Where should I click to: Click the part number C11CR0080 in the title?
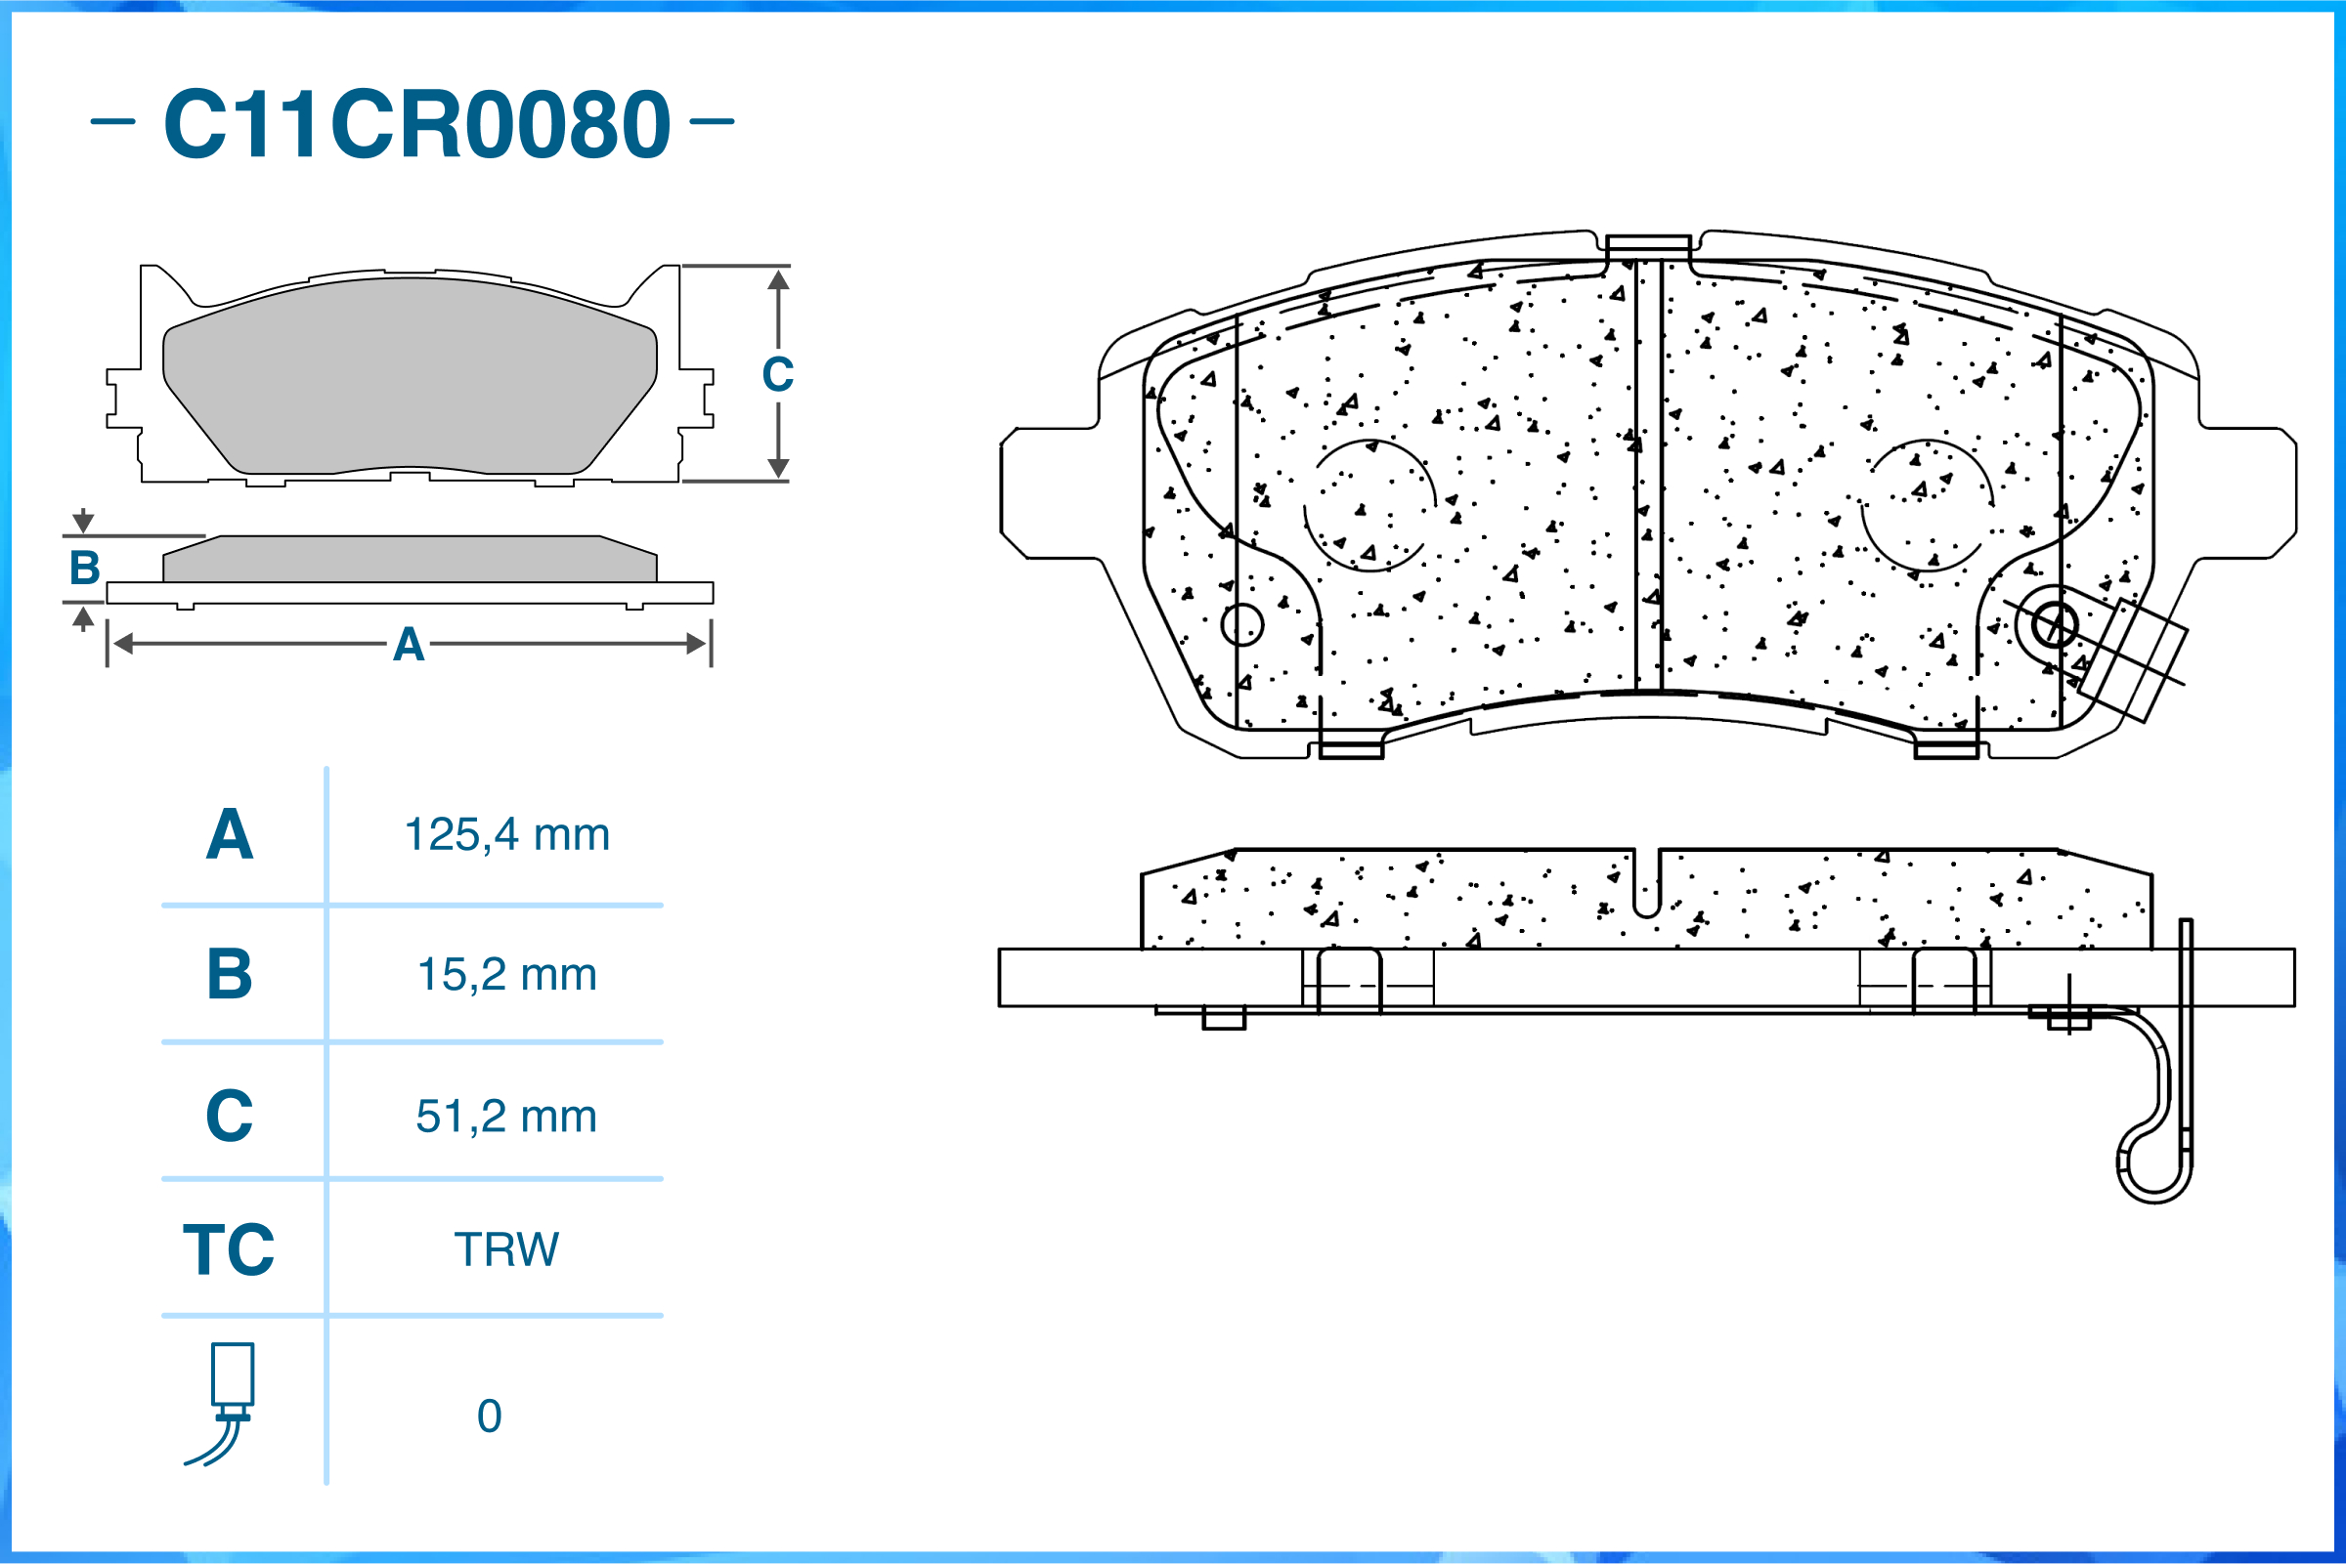tap(417, 124)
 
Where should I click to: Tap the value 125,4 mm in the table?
tap(507, 835)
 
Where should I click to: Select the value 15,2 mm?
tap(507, 975)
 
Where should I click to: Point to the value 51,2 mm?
tap(507, 1117)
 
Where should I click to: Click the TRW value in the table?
tap(507, 1249)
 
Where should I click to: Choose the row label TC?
tap(229, 1249)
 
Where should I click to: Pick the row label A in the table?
tap(230, 835)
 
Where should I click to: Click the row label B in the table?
tap(230, 975)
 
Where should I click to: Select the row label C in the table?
tap(230, 1117)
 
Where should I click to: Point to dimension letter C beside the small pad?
tap(777, 375)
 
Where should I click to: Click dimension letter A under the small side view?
tap(409, 646)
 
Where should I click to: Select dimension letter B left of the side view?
tap(85, 569)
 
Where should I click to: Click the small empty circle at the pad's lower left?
tap(1242, 624)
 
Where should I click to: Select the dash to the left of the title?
tap(112, 122)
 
